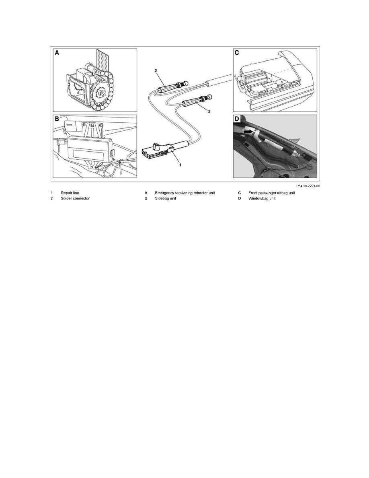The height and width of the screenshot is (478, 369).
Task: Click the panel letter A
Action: (x=57, y=53)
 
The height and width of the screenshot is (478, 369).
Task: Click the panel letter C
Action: (x=237, y=53)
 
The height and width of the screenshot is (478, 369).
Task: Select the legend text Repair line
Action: (x=70, y=193)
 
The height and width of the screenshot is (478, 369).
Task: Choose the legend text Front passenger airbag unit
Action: (x=272, y=193)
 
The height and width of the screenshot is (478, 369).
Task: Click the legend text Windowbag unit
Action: (x=262, y=199)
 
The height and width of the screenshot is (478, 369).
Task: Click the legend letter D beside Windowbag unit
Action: (x=239, y=199)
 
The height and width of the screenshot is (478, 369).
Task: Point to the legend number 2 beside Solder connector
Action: (x=52, y=199)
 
